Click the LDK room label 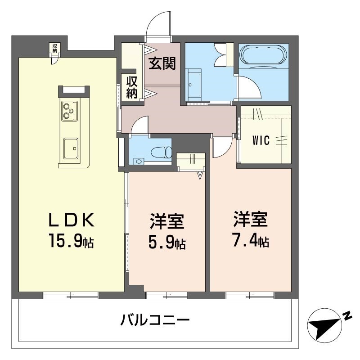click(x=72, y=220)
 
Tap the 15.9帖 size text click(x=72, y=240)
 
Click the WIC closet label click(x=261, y=140)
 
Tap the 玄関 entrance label click(x=162, y=63)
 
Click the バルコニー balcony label click(x=155, y=320)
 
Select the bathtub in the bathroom click(x=263, y=54)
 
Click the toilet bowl click(x=162, y=152)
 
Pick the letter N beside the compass click(x=347, y=316)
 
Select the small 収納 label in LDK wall click(x=54, y=48)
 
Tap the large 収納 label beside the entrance click(x=132, y=87)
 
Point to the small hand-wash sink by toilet click(x=139, y=161)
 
